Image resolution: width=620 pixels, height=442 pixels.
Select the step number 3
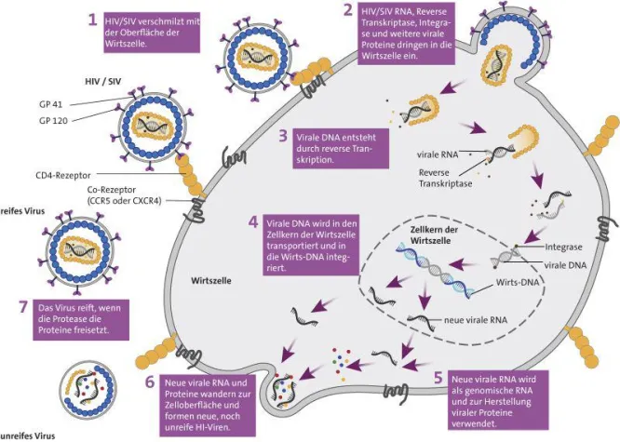(282, 136)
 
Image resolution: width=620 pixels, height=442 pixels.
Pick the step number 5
(439, 380)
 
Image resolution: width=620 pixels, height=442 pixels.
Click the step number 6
(149, 382)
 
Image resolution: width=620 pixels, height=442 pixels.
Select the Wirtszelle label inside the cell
(210, 279)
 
